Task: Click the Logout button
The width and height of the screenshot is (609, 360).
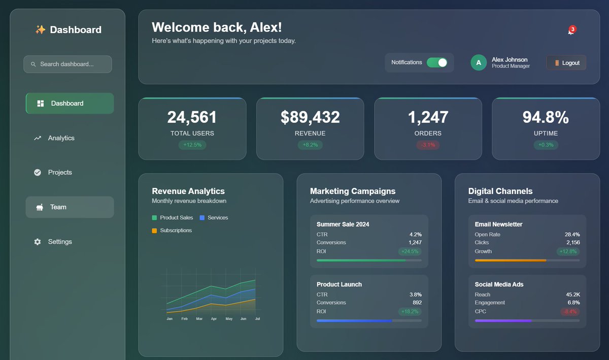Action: pyautogui.click(x=566, y=63)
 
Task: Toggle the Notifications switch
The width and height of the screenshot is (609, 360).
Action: pyautogui.click(x=436, y=62)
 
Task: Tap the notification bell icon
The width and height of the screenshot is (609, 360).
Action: pyautogui.click(x=571, y=31)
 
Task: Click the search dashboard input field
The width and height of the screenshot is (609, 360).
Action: pyautogui.click(x=67, y=64)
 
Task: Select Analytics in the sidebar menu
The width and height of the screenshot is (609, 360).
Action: pyautogui.click(x=61, y=138)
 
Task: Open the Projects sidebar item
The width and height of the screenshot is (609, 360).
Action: pyautogui.click(x=60, y=173)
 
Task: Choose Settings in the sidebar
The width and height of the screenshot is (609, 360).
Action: pyautogui.click(x=60, y=242)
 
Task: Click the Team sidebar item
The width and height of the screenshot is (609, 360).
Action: pyautogui.click(x=58, y=207)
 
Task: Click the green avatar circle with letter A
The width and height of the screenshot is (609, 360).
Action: pyautogui.click(x=479, y=62)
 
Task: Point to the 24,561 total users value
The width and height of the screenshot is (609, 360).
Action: pyautogui.click(x=192, y=117)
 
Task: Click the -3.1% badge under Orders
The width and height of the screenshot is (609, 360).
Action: pyautogui.click(x=428, y=145)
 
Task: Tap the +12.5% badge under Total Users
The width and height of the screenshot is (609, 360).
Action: pyautogui.click(x=192, y=145)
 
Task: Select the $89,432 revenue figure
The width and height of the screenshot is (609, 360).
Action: pyautogui.click(x=310, y=117)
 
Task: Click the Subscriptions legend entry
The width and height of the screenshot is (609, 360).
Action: pyautogui.click(x=176, y=231)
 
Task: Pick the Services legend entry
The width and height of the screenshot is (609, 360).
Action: pyautogui.click(x=218, y=218)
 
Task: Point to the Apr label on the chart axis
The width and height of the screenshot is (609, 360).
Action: pyautogui.click(x=214, y=319)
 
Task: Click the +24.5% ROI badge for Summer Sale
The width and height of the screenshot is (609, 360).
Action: pyautogui.click(x=410, y=251)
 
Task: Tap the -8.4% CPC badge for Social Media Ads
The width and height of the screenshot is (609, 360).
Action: pyautogui.click(x=570, y=312)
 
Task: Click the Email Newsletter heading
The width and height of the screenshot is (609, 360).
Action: pyautogui.click(x=498, y=224)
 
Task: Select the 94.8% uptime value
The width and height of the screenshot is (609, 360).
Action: pyautogui.click(x=546, y=117)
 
